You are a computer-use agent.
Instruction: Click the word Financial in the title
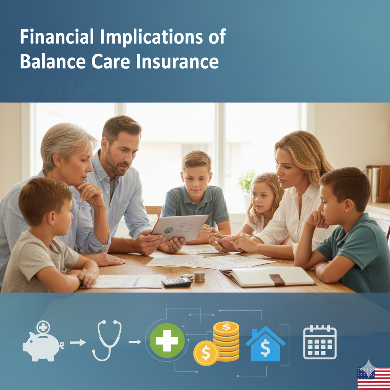click(x=57, y=37)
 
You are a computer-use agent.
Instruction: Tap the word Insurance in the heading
click(x=177, y=61)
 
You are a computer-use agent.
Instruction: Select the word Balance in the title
click(x=53, y=61)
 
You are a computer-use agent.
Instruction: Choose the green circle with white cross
click(x=167, y=340)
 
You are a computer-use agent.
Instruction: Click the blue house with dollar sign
click(x=265, y=344)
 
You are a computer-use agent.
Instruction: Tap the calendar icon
click(x=320, y=342)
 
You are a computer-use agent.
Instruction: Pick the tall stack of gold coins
click(x=226, y=341)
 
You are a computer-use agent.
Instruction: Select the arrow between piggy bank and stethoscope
click(x=78, y=342)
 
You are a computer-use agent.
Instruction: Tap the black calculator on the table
click(x=176, y=282)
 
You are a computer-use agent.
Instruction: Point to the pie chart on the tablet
click(x=169, y=230)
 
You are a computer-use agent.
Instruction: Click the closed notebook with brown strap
click(x=268, y=277)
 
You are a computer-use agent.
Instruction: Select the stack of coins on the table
click(x=200, y=277)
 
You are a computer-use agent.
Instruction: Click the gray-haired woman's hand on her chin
click(x=89, y=192)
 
